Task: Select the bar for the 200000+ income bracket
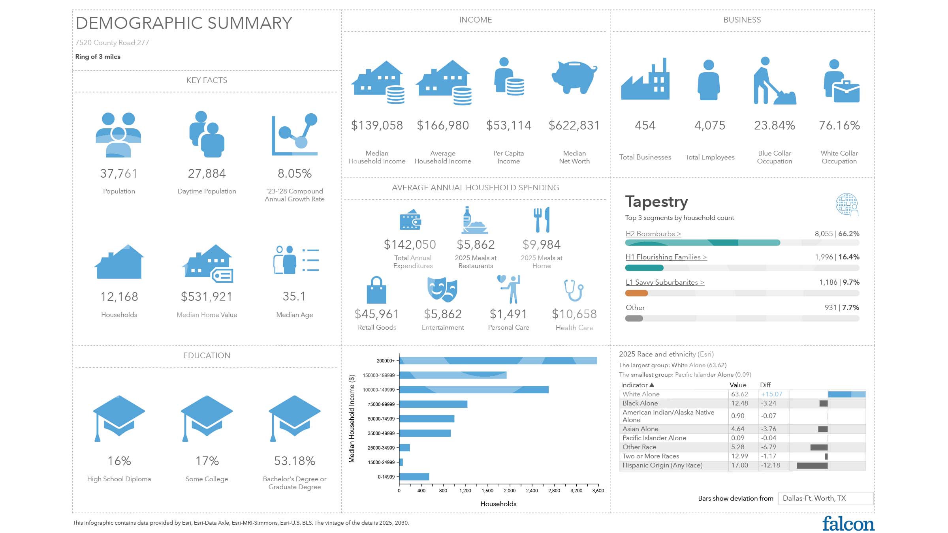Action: coord(498,360)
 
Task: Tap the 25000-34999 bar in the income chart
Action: coord(404,448)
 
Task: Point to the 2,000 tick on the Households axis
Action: coord(510,490)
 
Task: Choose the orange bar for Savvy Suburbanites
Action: coord(636,293)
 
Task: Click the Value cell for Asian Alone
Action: coord(738,429)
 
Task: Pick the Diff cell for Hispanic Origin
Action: coord(771,465)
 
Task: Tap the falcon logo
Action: coord(848,524)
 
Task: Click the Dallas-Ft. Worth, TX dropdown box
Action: coord(825,498)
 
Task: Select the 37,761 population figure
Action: coord(119,173)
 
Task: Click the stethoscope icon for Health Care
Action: coord(574,291)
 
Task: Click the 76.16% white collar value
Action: coord(839,125)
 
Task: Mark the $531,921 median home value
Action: coord(207,297)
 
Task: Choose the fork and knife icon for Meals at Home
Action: coord(542,220)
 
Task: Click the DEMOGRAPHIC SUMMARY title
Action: coord(184,23)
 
